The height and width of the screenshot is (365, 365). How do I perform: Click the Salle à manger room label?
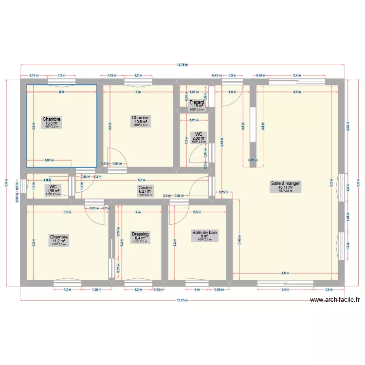286,183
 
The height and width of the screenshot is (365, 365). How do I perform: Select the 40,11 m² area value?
286,187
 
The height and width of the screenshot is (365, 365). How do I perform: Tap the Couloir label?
145,187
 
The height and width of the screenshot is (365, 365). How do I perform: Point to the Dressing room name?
140,234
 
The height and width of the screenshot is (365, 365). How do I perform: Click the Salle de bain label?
205,233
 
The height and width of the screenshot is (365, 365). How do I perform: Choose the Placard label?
197,102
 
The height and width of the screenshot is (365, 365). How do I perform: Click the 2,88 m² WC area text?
199,138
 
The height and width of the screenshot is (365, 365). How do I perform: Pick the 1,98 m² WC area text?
53,191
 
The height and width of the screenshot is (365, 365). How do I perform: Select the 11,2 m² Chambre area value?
58,241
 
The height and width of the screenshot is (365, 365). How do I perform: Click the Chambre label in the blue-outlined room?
52,119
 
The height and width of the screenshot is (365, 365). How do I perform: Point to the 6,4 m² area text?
140,238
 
